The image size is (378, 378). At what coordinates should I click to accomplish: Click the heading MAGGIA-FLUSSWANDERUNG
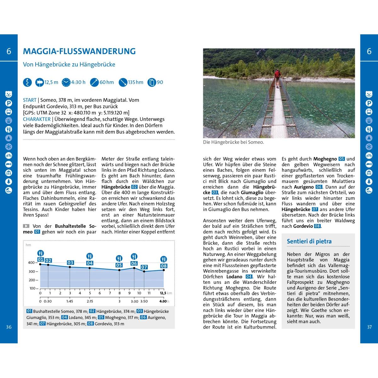[x=79, y=51]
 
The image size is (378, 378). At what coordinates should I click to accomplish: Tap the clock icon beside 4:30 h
[x=66, y=83]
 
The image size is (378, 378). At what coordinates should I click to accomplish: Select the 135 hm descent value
[x=136, y=83]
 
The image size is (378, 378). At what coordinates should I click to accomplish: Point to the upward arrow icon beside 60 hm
[x=94, y=83]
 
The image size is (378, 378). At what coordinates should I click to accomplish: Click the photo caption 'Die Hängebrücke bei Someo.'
[x=233, y=142]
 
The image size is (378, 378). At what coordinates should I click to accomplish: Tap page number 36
[x=9, y=327]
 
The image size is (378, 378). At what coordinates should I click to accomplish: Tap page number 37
[x=369, y=327]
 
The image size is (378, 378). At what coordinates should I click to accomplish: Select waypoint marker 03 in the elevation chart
[x=70, y=263]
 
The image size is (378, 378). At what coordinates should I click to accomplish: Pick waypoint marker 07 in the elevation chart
[x=144, y=267]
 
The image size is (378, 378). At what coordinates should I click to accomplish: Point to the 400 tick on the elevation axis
[x=31, y=263]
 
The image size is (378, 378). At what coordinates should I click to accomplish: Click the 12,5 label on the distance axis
[x=163, y=293]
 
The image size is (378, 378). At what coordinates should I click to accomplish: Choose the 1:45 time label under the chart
[x=70, y=301]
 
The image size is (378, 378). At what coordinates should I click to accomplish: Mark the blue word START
[x=30, y=100]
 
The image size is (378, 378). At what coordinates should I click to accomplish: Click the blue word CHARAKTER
[x=37, y=119]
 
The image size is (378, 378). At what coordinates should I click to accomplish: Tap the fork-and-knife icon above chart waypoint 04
[x=90, y=256]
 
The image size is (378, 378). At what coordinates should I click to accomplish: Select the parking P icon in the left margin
[x=9, y=103]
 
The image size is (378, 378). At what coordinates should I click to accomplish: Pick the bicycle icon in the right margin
[x=369, y=155]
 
